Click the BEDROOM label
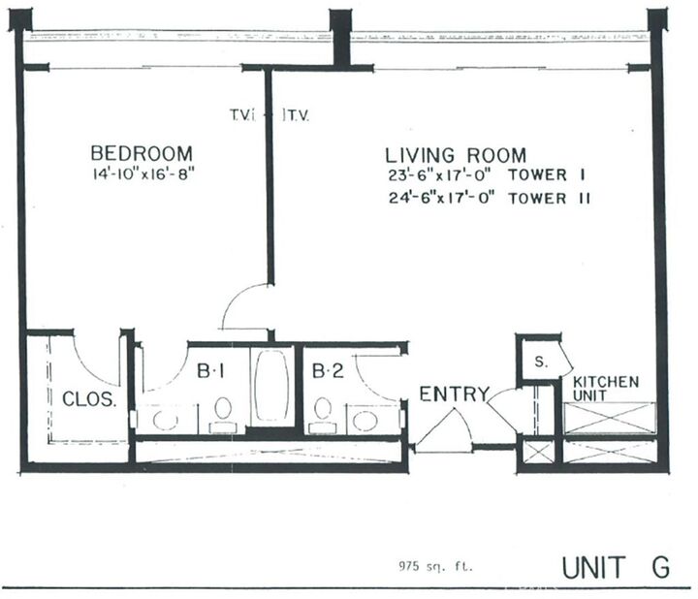pyautogui.click(x=142, y=153)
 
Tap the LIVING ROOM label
pyautogui.click(x=457, y=154)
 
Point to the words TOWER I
pyautogui.click(x=556, y=176)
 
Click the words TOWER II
pyautogui.click(x=559, y=199)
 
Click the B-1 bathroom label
pyautogui.click(x=212, y=370)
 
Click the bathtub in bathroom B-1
pyautogui.click(x=272, y=386)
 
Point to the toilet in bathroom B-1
pyautogui.click(x=223, y=412)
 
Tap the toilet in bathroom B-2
pyautogui.click(x=322, y=412)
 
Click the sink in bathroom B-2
pyautogui.click(x=365, y=419)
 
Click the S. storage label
pyautogui.click(x=539, y=360)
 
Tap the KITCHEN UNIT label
pyautogui.click(x=606, y=389)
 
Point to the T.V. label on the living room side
pyautogui.click(x=296, y=114)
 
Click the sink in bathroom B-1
pyautogui.click(x=165, y=419)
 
